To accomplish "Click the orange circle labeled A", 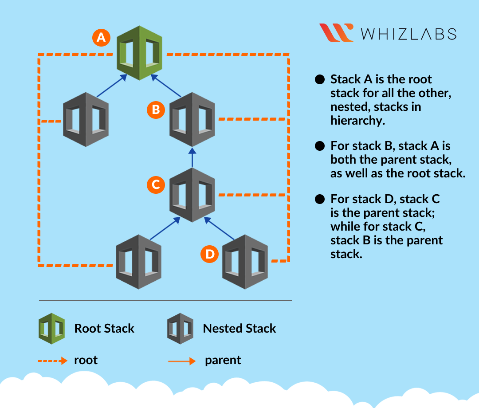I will [x=101, y=38].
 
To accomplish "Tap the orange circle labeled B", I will [x=156, y=110].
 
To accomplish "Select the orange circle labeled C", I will [x=156, y=184].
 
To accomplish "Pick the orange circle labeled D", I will [x=209, y=254].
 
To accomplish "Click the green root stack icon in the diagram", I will [x=139, y=53].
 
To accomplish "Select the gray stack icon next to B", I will [x=192, y=119].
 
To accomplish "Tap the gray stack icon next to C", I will [x=192, y=195].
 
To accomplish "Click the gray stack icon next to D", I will [x=245, y=262].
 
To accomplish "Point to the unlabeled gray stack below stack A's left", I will [x=85, y=119].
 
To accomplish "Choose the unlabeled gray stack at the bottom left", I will [x=138, y=262].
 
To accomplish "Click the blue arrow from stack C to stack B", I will [x=192, y=157].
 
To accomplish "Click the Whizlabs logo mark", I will [x=336, y=33].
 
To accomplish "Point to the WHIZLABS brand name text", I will [x=408, y=34].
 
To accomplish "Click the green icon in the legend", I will [x=51, y=328].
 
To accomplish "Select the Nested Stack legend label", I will [x=239, y=329].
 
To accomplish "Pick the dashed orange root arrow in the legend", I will [x=52, y=361].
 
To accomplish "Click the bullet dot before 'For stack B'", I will [x=319, y=146].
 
